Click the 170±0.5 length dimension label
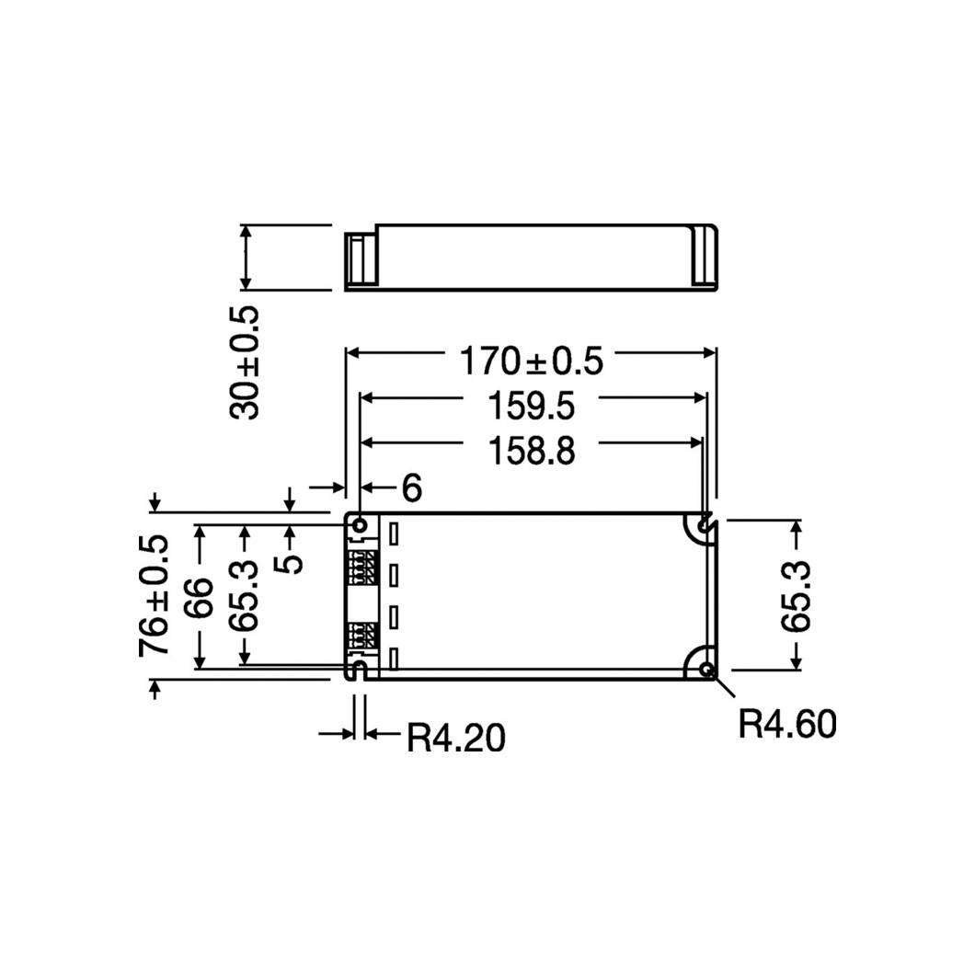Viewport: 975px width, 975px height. pyautogui.click(x=531, y=361)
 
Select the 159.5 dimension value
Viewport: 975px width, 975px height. pyautogui.click(x=531, y=406)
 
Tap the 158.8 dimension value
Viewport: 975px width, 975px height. pyautogui.click(x=531, y=451)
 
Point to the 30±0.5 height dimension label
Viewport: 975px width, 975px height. pyautogui.click(x=245, y=362)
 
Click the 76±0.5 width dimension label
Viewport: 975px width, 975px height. pyautogui.click(x=154, y=595)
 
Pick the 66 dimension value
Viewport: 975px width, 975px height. pyautogui.click(x=199, y=598)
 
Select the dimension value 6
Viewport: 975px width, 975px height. pyautogui.click(x=412, y=487)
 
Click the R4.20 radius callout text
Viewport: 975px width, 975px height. pyautogui.click(x=456, y=738)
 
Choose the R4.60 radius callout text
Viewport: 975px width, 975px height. pyautogui.click(x=787, y=725)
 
